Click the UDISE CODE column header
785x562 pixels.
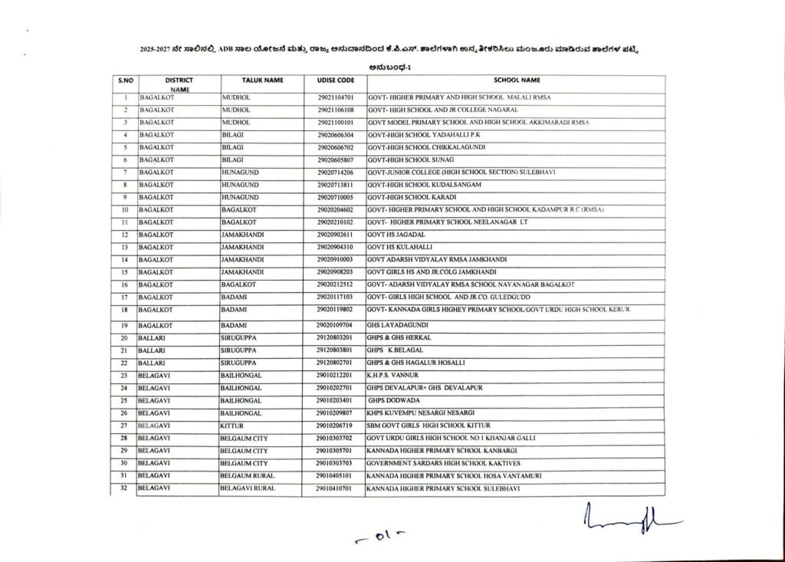334,80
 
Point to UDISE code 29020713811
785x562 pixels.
334,185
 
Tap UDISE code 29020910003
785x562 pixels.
334,260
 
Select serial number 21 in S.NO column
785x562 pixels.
123,350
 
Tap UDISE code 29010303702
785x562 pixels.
334,438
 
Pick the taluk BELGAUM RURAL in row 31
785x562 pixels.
248,475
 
